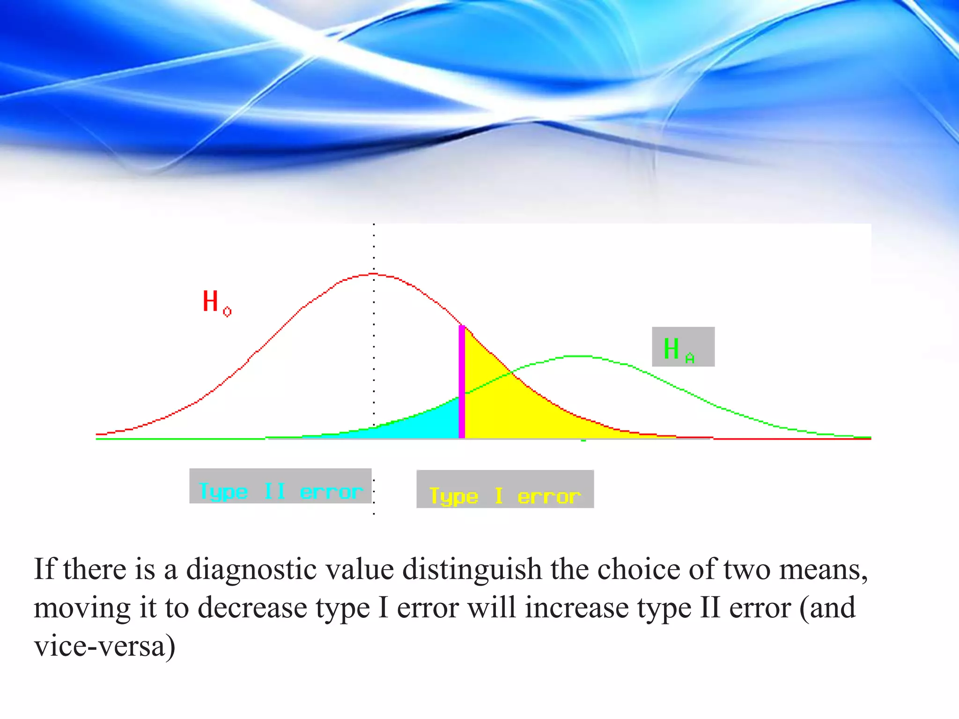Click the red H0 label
[x=216, y=302]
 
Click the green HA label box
[x=683, y=347]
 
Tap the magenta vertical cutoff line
[x=462, y=382]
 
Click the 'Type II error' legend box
[x=280, y=486]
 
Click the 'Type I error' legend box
[x=505, y=490]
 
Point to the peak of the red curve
[x=374, y=274]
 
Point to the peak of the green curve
[x=578, y=356]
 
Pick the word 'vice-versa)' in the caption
[x=104, y=646]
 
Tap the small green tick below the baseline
[x=583, y=440]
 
